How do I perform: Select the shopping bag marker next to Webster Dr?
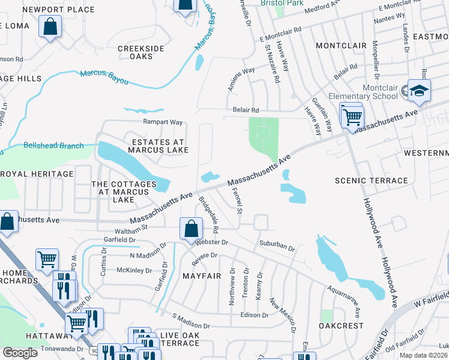(x=190, y=229)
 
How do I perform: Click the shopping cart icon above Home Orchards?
(x=47, y=259)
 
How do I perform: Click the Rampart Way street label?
(x=162, y=122)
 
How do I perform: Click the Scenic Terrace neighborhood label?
(x=371, y=181)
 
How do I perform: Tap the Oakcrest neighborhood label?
(x=341, y=326)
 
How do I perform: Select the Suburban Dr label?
(x=277, y=246)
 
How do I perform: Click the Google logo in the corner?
(x=20, y=353)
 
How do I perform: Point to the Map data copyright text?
(x=423, y=355)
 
